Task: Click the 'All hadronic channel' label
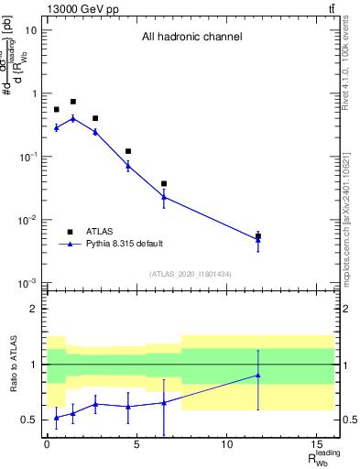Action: (191, 38)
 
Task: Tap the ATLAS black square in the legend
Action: (69, 232)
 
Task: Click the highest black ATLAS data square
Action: (73, 102)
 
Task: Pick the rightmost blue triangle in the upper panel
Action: (258, 240)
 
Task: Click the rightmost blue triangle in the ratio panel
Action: (258, 375)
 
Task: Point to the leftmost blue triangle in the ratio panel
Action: (56, 418)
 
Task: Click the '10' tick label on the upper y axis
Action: (31, 30)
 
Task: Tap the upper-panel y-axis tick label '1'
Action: (34, 93)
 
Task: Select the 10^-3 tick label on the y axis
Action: (28, 283)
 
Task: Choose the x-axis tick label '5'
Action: (136, 448)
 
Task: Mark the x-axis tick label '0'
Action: (47, 448)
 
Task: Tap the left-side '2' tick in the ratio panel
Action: (35, 309)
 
